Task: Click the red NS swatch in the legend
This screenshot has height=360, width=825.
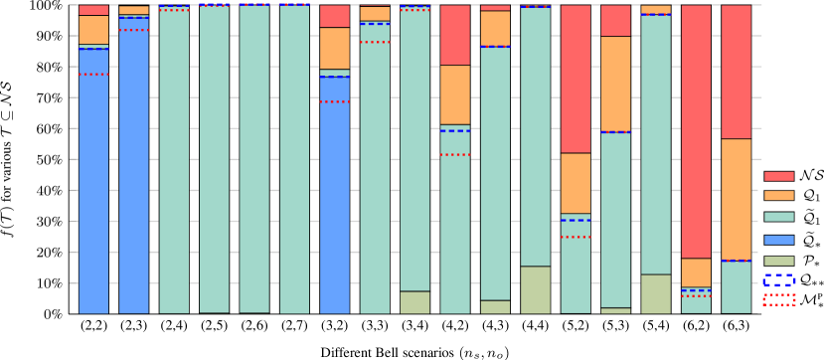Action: click(x=777, y=176)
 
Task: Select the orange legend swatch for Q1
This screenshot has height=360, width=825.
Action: click(x=777, y=197)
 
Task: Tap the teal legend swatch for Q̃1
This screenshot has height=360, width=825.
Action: click(x=777, y=218)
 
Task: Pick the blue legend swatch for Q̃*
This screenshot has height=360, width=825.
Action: click(x=777, y=240)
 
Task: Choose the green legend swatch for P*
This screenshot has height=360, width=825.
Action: click(x=777, y=261)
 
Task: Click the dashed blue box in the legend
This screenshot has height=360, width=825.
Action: click(x=777, y=282)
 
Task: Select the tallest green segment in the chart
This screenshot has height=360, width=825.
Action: click(x=536, y=289)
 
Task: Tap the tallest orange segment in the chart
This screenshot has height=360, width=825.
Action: click(x=737, y=199)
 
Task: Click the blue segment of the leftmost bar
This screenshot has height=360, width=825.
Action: click(x=93, y=179)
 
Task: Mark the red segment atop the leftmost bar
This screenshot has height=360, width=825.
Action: click(x=93, y=10)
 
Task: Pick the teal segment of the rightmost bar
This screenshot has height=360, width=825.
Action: click(x=737, y=287)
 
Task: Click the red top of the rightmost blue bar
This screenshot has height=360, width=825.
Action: click(x=335, y=16)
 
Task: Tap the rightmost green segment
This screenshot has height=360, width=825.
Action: click(x=656, y=294)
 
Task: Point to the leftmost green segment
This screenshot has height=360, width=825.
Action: click(x=415, y=302)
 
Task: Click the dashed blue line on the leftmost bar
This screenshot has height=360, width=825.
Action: click(x=93, y=48)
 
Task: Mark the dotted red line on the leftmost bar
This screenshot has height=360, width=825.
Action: click(x=93, y=75)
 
